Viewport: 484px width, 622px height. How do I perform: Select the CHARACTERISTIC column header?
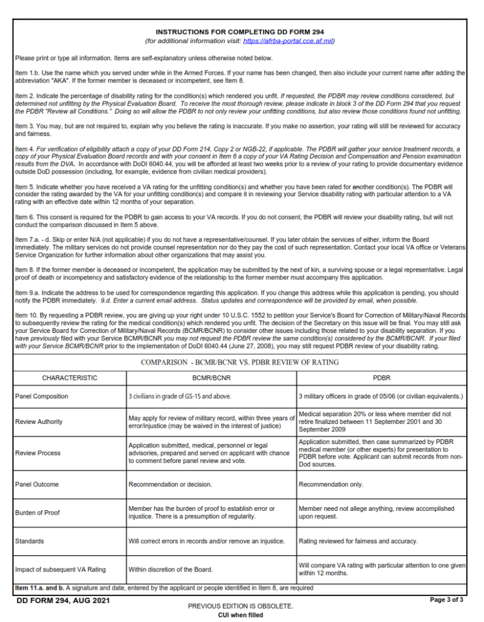(x=69, y=378)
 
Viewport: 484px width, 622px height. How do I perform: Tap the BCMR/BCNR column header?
(x=211, y=378)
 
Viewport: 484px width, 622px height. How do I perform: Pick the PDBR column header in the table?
(x=381, y=378)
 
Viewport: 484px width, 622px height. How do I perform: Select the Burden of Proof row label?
(x=37, y=513)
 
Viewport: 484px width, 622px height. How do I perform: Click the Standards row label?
(x=29, y=541)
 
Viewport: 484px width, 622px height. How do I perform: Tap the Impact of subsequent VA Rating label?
(x=60, y=570)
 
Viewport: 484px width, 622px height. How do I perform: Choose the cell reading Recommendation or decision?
(x=170, y=485)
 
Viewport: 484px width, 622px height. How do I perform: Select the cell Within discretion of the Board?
(x=171, y=570)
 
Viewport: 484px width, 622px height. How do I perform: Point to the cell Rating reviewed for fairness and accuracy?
(x=358, y=541)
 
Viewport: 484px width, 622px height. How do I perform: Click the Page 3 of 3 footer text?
(x=447, y=600)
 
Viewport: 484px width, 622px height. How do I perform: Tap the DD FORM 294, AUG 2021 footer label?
(x=55, y=600)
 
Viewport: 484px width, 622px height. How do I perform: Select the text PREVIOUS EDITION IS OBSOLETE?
(x=240, y=606)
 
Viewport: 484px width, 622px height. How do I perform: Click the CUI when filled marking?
(x=240, y=615)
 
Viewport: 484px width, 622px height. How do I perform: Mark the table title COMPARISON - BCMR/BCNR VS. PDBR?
(x=240, y=363)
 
